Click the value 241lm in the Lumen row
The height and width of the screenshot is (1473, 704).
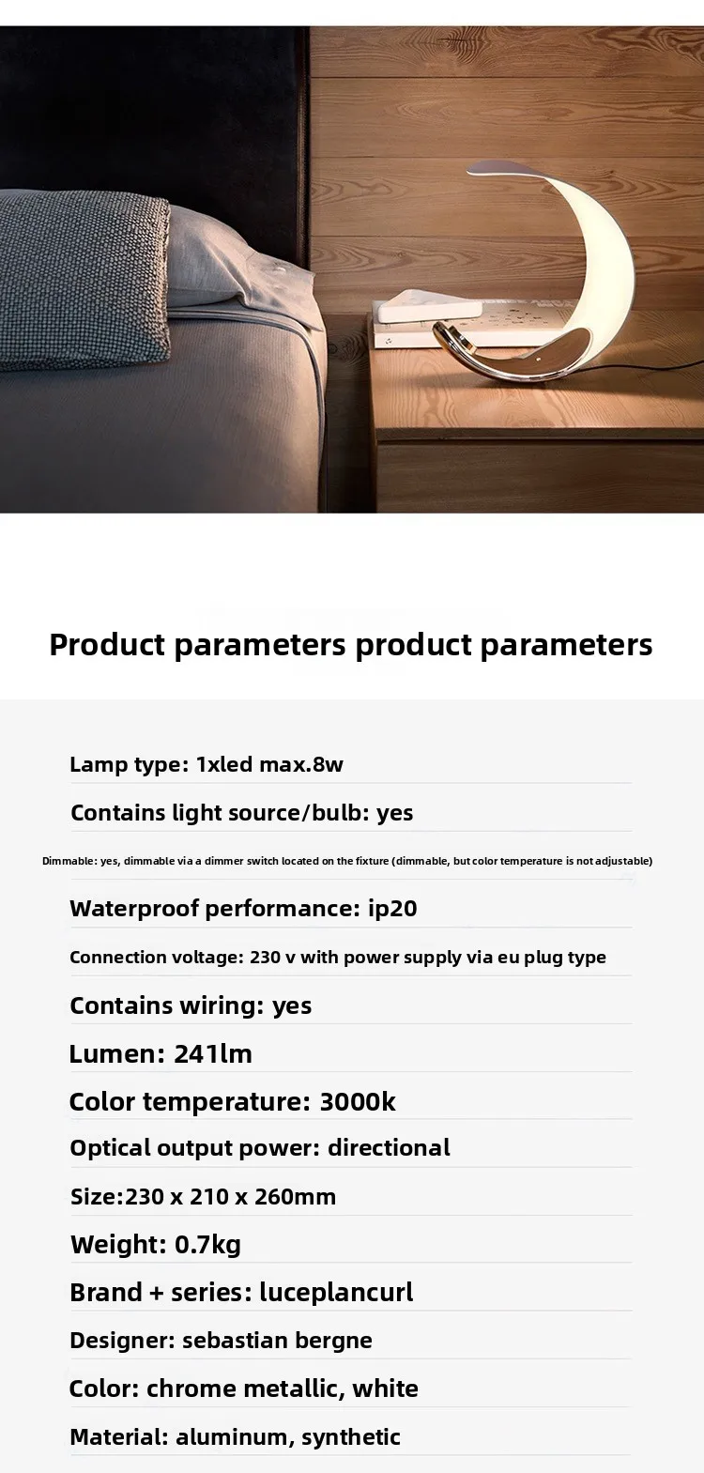pyautogui.click(x=213, y=1054)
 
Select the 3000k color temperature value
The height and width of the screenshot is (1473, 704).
pyautogui.click(x=358, y=1102)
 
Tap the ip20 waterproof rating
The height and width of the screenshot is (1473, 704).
pyautogui.click(x=392, y=909)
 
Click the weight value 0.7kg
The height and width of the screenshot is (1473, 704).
pyautogui.click(x=207, y=1245)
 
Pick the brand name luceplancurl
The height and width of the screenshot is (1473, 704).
pyautogui.click(x=336, y=1293)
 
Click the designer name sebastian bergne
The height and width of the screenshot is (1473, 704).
pyautogui.click(x=277, y=1341)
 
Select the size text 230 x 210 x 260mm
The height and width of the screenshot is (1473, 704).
pyautogui.click(x=230, y=1197)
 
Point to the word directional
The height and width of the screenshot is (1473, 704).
pyautogui.click(x=389, y=1148)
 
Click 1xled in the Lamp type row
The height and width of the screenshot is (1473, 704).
pyautogui.click(x=224, y=764)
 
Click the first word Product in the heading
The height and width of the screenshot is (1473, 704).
pyautogui.click(x=106, y=645)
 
